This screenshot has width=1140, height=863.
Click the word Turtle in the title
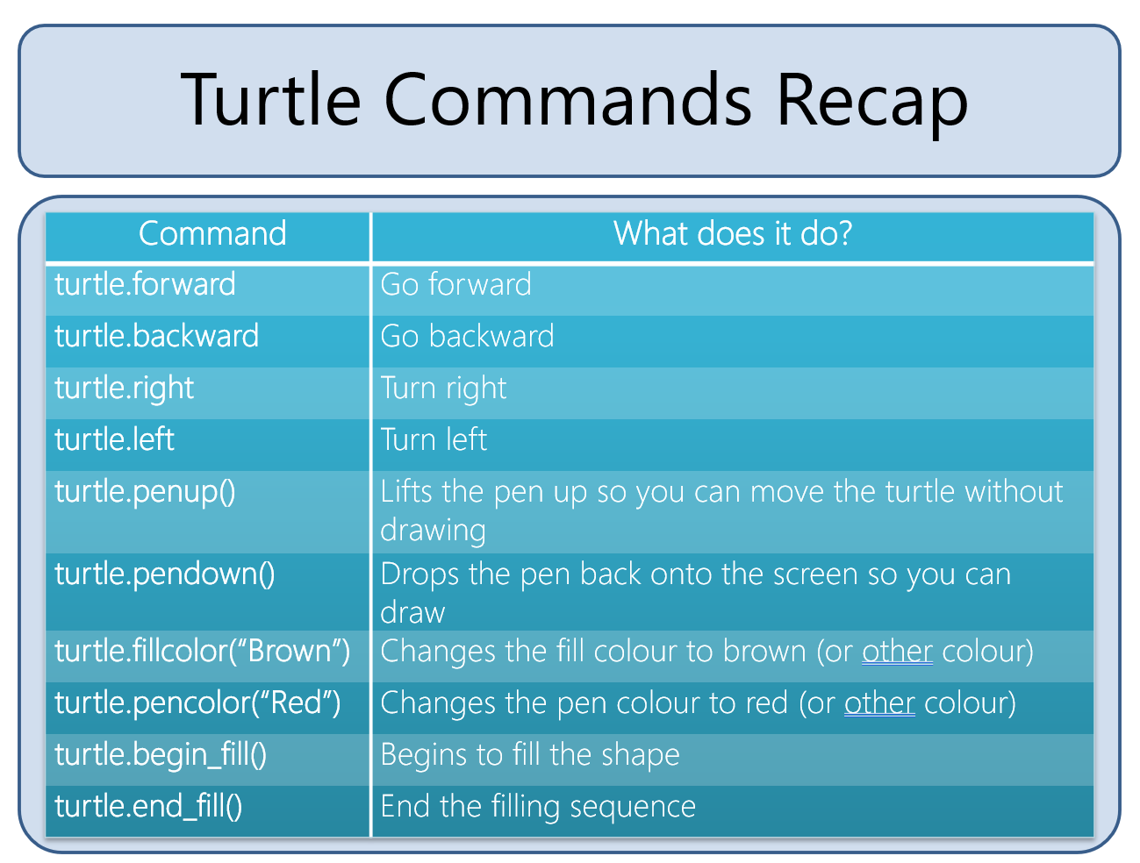pyautogui.click(x=270, y=99)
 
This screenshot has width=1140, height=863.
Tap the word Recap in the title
pyautogui.click(x=871, y=104)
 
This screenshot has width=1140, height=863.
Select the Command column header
pyautogui.click(x=212, y=233)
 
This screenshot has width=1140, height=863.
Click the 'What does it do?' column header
pyautogui.click(x=732, y=232)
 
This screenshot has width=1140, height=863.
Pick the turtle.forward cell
pyautogui.click(x=145, y=284)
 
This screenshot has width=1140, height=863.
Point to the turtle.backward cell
pyautogui.click(x=156, y=335)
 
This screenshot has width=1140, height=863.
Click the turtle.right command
pyautogui.click(x=124, y=389)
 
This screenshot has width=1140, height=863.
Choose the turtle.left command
pyautogui.click(x=114, y=439)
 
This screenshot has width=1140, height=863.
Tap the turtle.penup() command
pyautogui.click(x=145, y=493)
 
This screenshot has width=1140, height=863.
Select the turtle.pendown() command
pyautogui.click(x=165, y=575)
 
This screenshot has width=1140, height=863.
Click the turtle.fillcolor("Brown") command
pyautogui.click(x=203, y=652)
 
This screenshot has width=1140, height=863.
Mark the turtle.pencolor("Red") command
pyautogui.click(x=197, y=703)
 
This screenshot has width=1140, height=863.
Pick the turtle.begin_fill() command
pyautogui.click(x=161, y=756)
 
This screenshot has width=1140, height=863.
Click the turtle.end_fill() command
pyautogui.click(x=148, y=808)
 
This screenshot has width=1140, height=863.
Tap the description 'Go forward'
pyautogui.click(x=455, y=284)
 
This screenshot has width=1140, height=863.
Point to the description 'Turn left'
pyautogui.click(x=434, y=439)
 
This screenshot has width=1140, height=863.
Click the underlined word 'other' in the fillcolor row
pyautogui.click(x=897, y=651)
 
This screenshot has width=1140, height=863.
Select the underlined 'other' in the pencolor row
pyautogui.click(x=879, y=703)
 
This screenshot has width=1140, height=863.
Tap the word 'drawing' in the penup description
pyautogui.click(x=433, y=531)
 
